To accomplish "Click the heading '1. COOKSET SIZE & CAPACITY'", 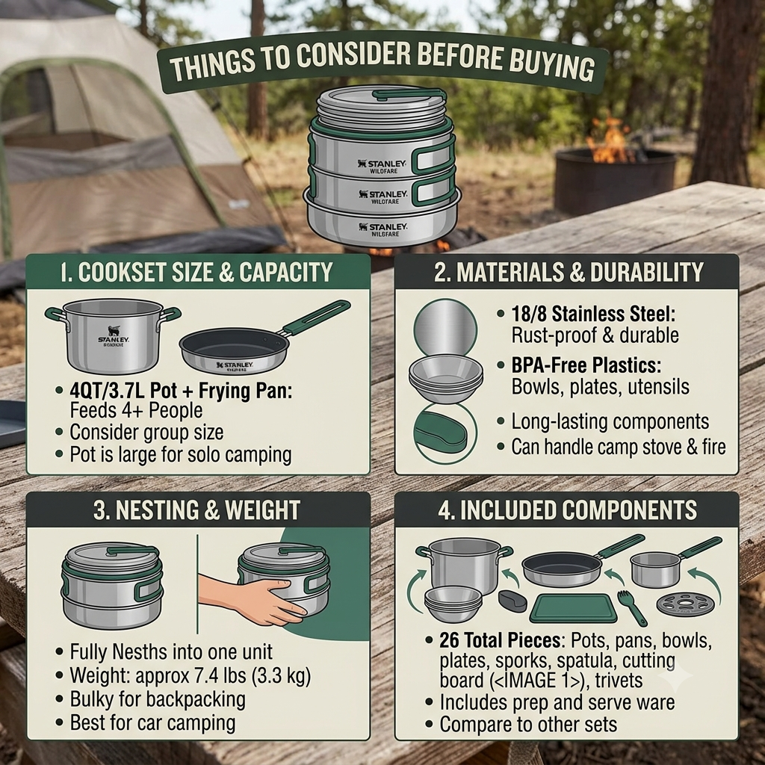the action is point(196,272).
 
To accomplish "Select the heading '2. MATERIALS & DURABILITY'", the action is point(569,272).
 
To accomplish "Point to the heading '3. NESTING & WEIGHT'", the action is point(196,510).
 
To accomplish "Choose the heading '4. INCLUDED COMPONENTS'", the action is point(568,510).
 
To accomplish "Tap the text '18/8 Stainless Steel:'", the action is point(593,315).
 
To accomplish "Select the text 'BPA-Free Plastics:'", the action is point(586,365).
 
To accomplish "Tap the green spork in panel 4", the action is point(631,607).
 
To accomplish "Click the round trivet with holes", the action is point(685,604).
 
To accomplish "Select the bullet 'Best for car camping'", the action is point(152,722).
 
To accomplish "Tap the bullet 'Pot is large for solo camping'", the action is point(181,454).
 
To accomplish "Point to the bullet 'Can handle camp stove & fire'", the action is point(618,447).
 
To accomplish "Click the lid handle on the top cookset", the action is point(409,93).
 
